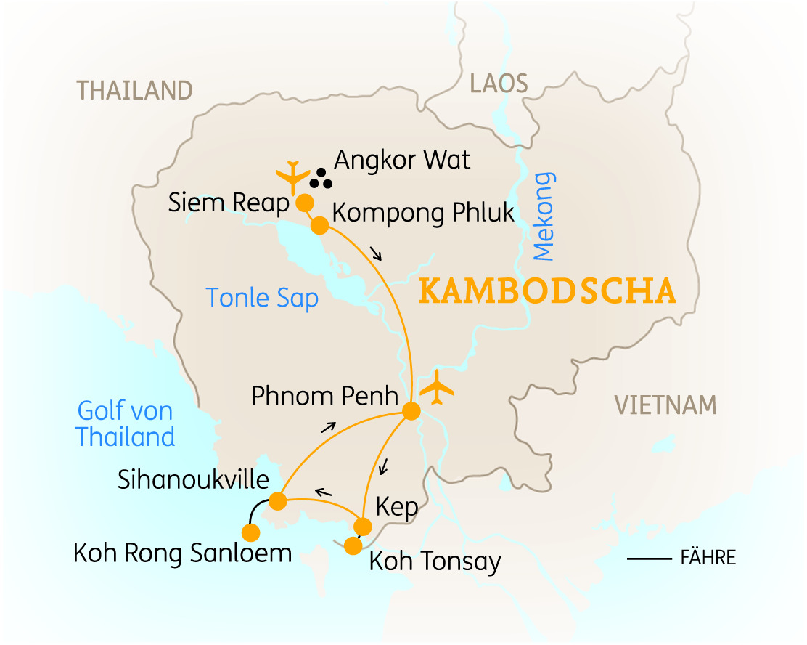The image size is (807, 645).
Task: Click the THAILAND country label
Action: point(135,91)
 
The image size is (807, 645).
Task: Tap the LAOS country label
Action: point(499,84)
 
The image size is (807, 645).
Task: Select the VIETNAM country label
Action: point(665,405)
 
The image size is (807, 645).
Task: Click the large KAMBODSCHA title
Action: point(548,291)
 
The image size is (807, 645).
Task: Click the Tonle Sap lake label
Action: point(262,298)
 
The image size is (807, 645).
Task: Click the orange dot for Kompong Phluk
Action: point(319,226)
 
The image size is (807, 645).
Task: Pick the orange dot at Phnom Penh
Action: point(411,411)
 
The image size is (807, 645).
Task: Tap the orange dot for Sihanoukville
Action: point(276,500)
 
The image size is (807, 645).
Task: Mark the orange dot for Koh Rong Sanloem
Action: point(250,533)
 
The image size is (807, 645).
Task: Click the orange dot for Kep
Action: point(362,526)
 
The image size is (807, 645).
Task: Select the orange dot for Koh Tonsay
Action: point(353,545)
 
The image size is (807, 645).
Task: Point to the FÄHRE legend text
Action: point(708,558)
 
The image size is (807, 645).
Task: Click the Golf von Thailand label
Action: point(126,424)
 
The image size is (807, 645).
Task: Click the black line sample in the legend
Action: point(650,559)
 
